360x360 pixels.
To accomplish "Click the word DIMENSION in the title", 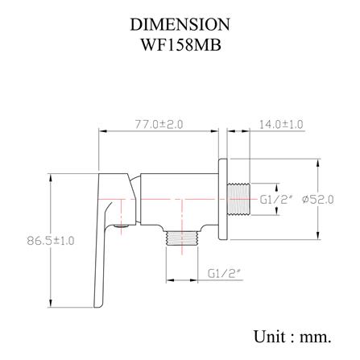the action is click(x=180, y=24).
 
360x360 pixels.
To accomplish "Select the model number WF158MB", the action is click(x=181, y=45).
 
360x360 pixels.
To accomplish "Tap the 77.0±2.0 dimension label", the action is click(x=159, y=125).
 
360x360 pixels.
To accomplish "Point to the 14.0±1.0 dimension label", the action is click(x=281, y=125).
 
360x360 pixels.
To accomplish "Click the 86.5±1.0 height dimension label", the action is click(x=51, y=241).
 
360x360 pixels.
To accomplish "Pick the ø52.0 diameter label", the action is click(x=318, y=200).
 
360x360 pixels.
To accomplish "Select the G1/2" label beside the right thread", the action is click(x=276, y=200).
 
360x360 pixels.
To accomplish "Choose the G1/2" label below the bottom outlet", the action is click(x=224, y=274).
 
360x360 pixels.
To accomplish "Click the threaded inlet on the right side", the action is click(x=238, y=199).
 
